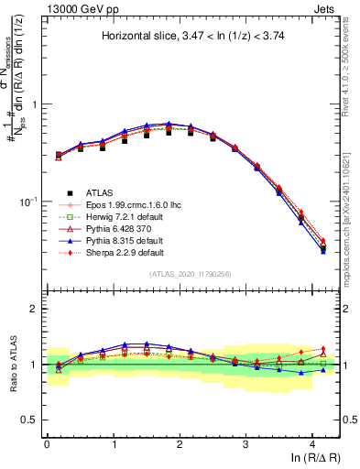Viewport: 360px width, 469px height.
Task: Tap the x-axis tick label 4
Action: tap(312, 443)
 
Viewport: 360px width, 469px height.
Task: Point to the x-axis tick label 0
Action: tap(47, 443)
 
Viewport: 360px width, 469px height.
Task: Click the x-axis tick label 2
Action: tap(180, 443)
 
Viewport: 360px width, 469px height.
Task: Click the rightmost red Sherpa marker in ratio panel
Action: tap(322, 349)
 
